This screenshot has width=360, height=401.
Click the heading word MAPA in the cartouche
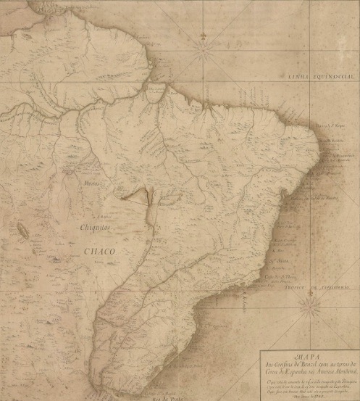(x=304, y=355)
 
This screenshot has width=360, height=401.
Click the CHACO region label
(x=101, y=252)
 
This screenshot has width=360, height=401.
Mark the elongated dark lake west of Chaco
(x=24, y=231)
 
